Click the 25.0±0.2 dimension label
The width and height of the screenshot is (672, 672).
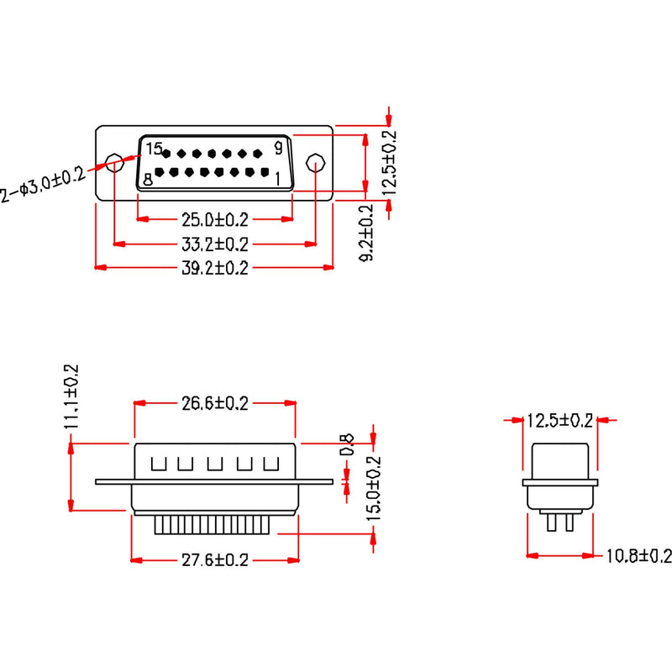(x=215, y=220)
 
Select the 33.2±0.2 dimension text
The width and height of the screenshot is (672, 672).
(x=215, y=244)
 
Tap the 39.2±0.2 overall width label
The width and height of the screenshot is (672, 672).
(x=215, y=268)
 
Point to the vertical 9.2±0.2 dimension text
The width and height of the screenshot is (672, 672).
(x=366, y=233)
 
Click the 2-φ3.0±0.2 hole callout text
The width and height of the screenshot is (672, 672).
(x=42, y=186)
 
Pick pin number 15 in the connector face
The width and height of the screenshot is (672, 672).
(x=153, y=149)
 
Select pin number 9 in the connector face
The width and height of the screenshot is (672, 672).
(x=279, y=149)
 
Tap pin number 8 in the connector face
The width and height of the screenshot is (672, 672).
(x=148, y=179)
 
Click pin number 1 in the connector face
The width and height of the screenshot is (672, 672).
(x=278, y=178)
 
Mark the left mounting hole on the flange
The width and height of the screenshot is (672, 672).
(x=113, y=162)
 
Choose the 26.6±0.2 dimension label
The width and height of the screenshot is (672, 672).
(x=215, y=404)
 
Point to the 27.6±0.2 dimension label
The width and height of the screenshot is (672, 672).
(x=215, y=560)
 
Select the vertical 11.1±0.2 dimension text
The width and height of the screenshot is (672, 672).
(x=71, y=396)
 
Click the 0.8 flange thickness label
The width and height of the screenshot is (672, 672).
(x=344, y=444)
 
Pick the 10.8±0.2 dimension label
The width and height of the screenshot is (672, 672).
(x=639, y=555)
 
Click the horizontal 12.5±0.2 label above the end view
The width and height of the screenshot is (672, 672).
(x=559, y=419)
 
